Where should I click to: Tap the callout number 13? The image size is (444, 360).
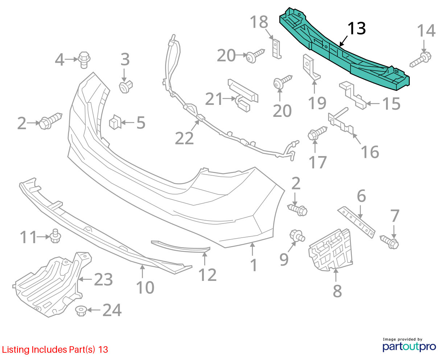[x=357, y=28]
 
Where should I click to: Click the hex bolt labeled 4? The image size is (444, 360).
[x=84, y=60]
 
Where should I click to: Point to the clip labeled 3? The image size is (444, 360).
[x=126, y=87]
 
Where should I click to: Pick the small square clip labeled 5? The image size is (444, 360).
[x=115, y=122]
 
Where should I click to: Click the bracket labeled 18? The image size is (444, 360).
[x=277, y=48]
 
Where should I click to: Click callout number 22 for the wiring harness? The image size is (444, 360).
[x=184, y=138]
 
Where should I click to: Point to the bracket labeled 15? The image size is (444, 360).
[x=353, y=95]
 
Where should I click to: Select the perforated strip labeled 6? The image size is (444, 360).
[x=356, y=222]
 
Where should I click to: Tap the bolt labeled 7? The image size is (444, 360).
[x=389, y=242]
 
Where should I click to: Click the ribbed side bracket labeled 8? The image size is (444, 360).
[x=330, y=250]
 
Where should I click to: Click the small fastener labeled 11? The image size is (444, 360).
[x=55, y=236]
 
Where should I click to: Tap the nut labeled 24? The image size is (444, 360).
[x=81, y=311]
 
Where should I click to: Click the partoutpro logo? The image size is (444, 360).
[x=409, y=346]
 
